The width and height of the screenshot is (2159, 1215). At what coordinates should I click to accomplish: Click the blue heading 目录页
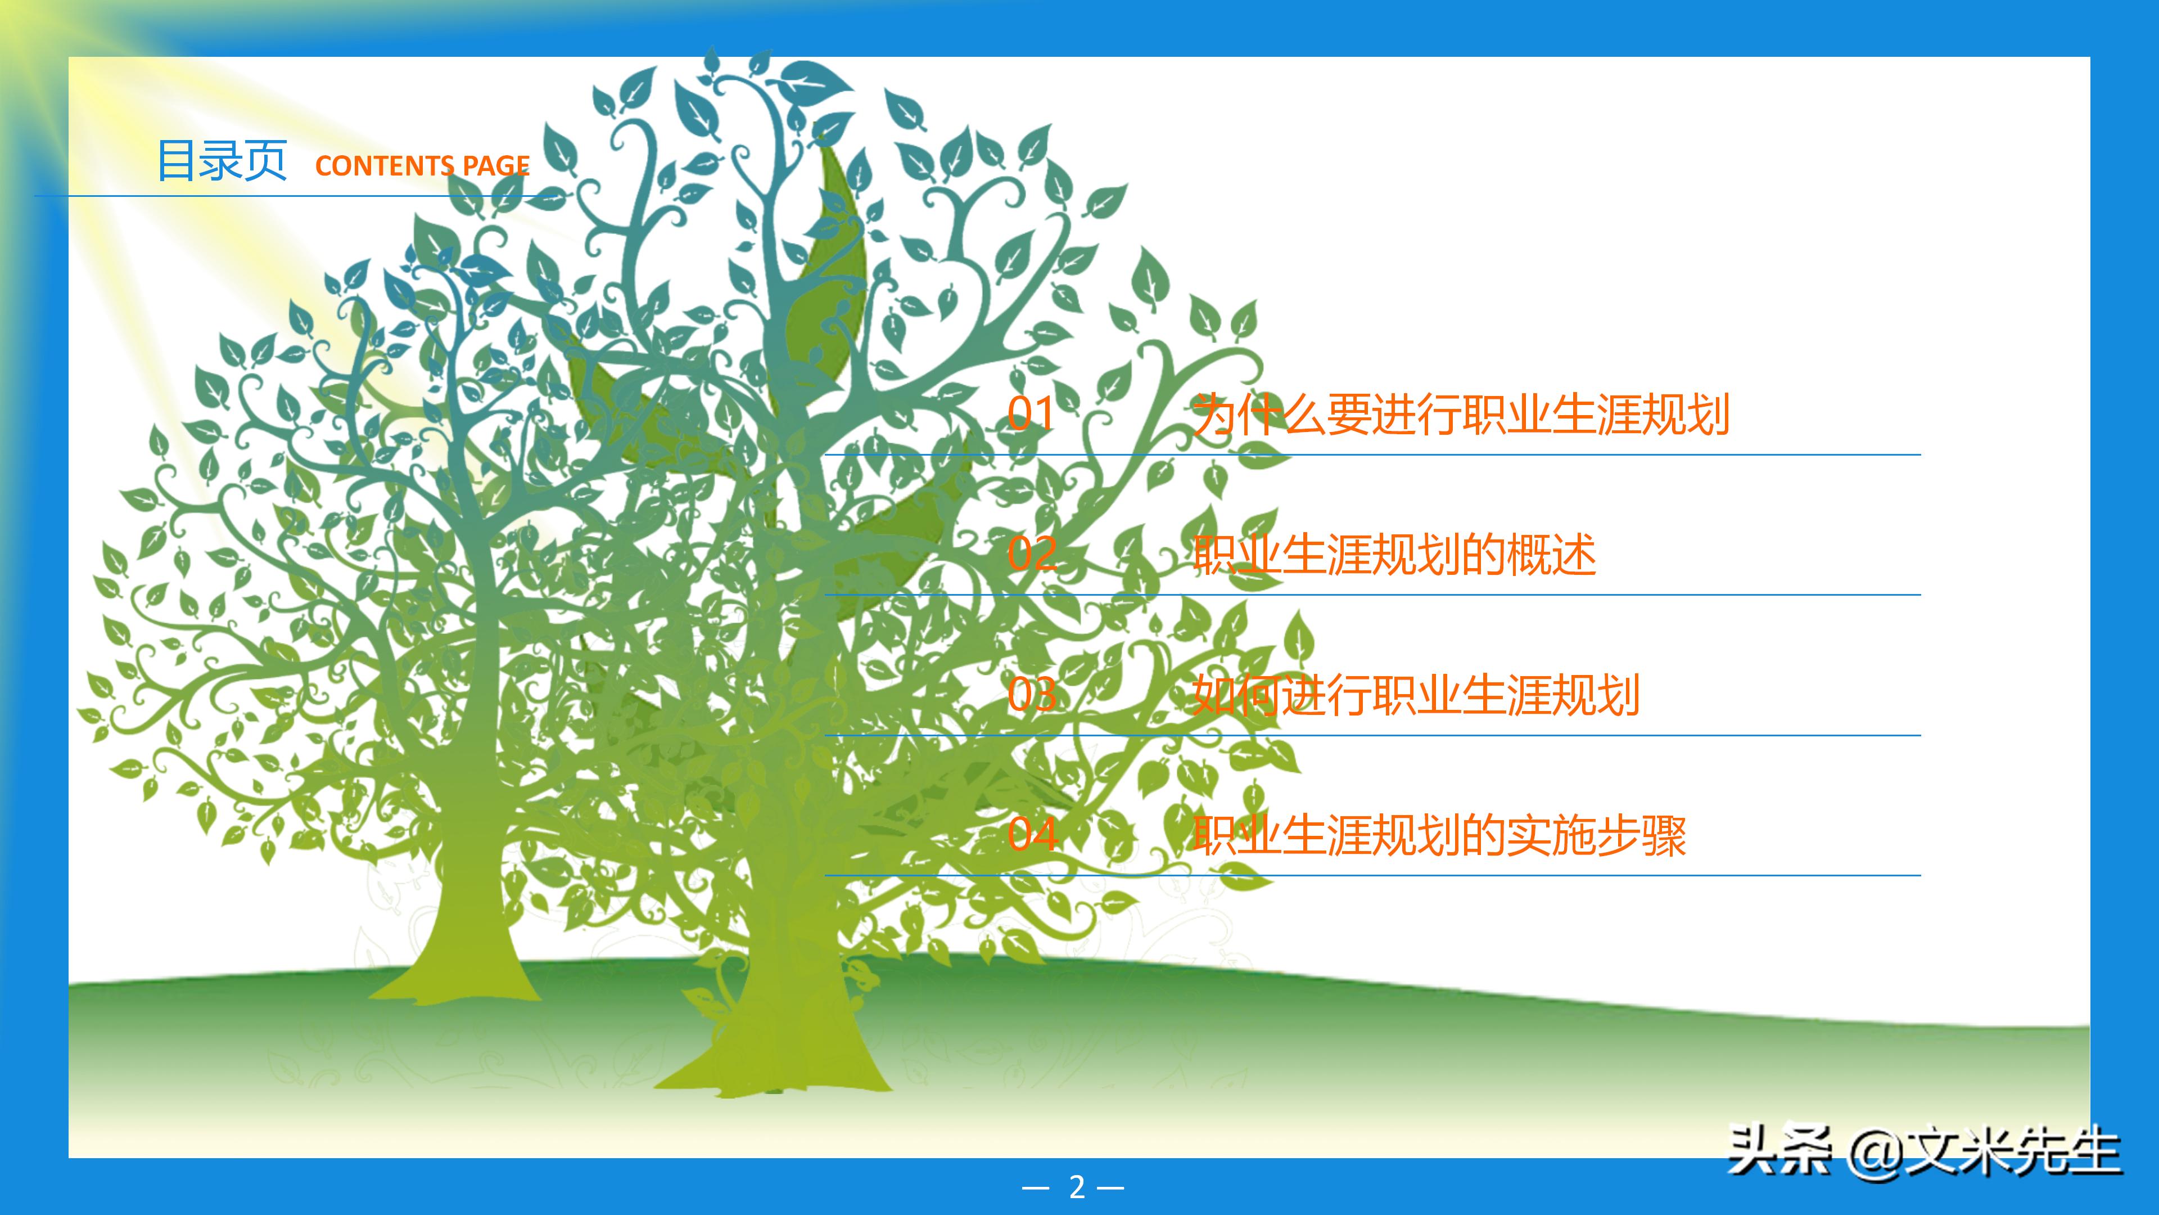222,161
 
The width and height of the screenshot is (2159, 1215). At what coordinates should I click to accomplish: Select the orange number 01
1031,414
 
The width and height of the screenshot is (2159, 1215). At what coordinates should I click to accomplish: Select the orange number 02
1032,554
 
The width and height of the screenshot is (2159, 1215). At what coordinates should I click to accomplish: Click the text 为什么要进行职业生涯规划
1460,414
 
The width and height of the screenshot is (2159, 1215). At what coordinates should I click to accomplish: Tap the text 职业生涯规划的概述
1394,554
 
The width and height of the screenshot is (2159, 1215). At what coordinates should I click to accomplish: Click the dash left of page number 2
1036,1187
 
